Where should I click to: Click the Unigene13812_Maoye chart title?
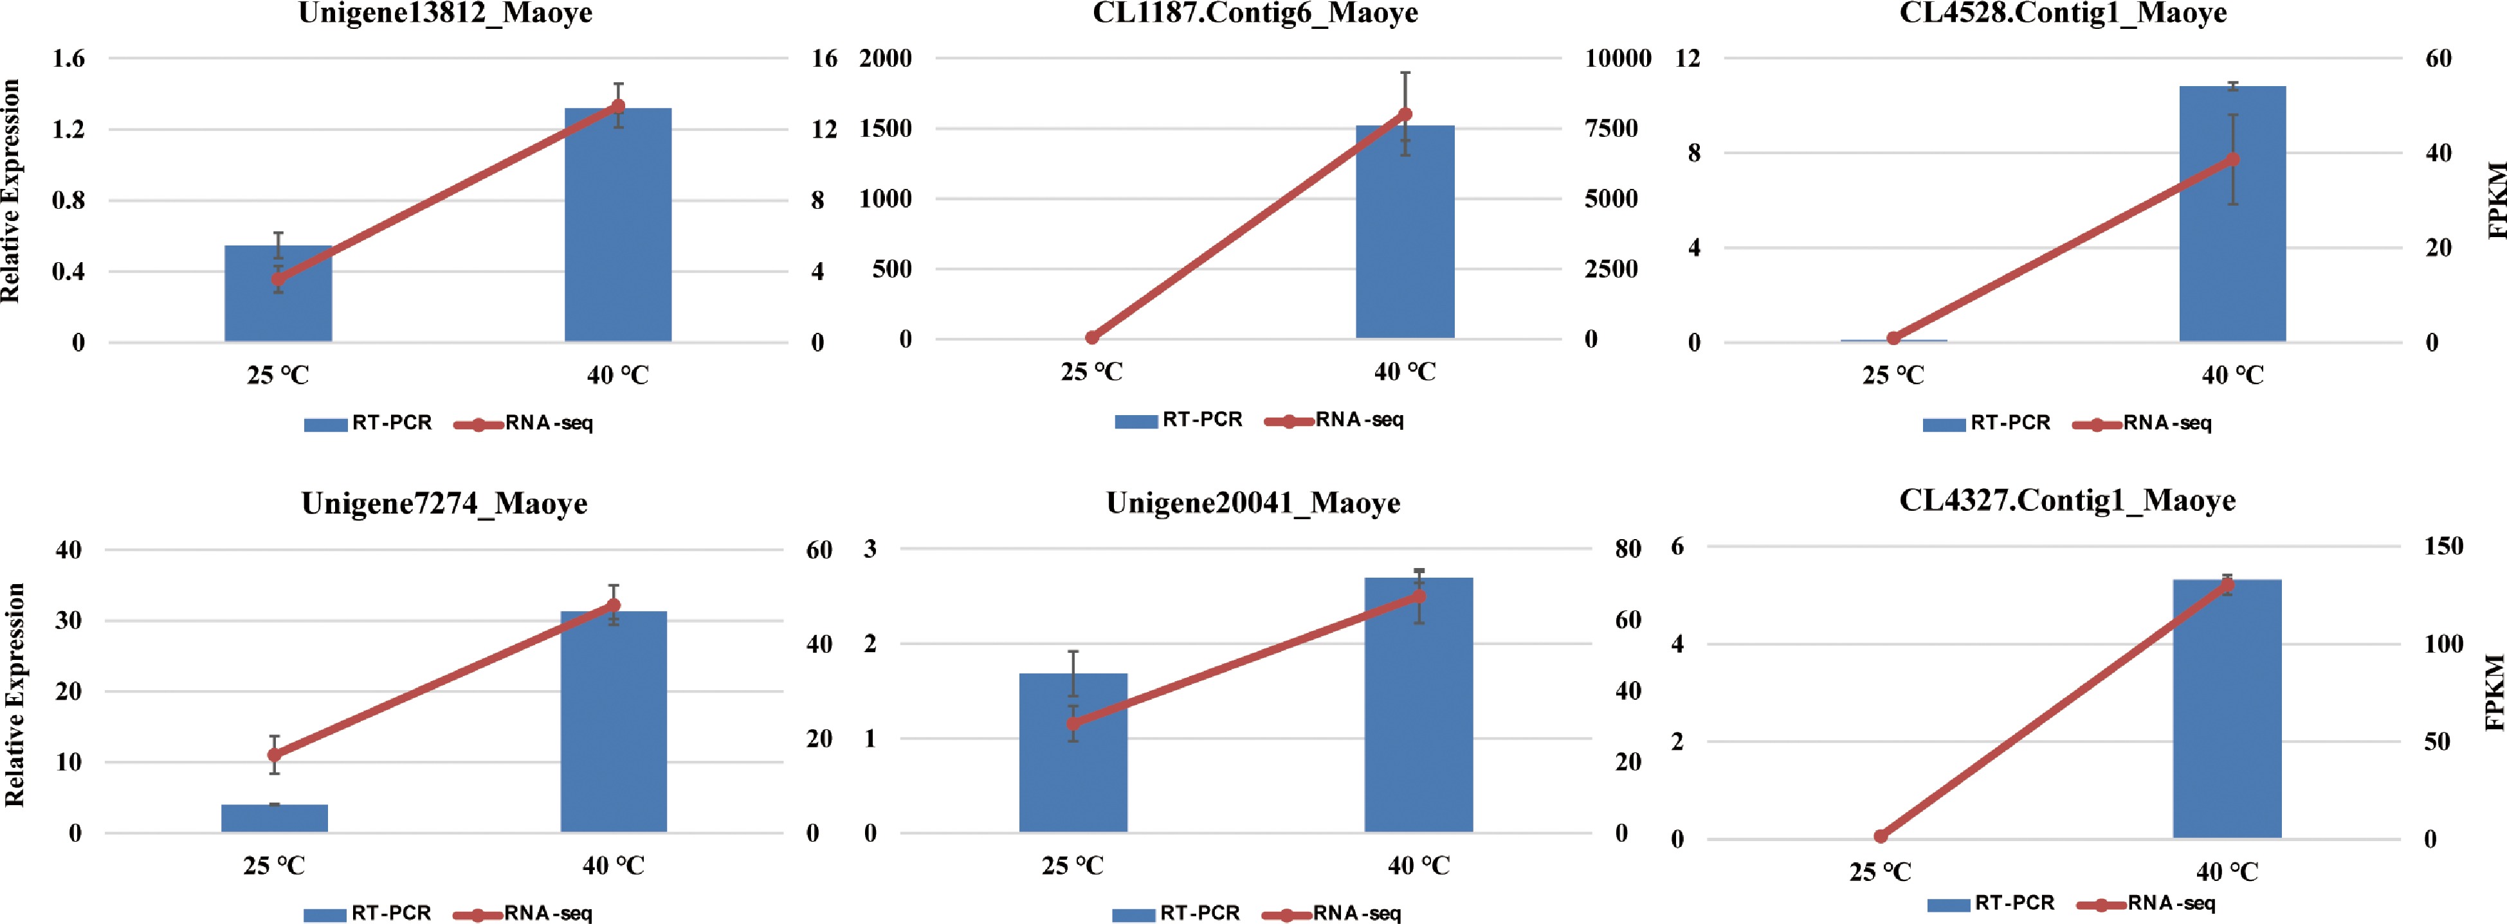point(445,13)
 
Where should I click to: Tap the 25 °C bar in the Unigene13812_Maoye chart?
point(278,293)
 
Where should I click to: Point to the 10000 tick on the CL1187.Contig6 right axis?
point(1618,58)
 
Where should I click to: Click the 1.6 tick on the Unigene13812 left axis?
point(68,58)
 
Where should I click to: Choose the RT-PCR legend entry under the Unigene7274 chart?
point(368,913)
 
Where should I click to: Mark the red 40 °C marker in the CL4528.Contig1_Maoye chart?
point(2232,159)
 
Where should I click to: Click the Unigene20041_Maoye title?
point(1253,503)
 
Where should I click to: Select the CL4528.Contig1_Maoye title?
point(2063,13)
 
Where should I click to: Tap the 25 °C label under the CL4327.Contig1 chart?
point(1881,871)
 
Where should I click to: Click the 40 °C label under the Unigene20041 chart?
point(1418,866)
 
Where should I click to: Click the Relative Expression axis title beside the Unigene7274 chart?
point(14,695)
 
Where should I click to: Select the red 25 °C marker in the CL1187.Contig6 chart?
point(1091,337)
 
